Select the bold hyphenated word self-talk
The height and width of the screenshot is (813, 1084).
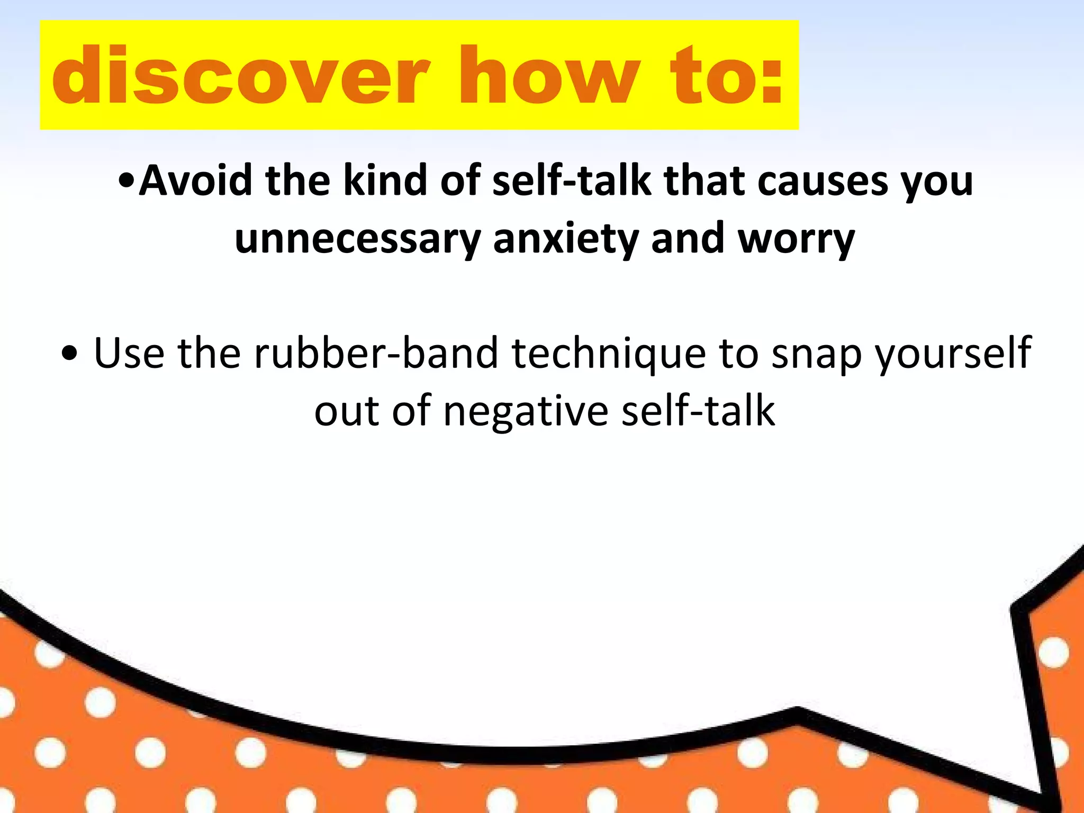[572, 181]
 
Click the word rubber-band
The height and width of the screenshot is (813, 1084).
[376, 353]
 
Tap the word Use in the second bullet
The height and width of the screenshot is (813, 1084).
[129, 353]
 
